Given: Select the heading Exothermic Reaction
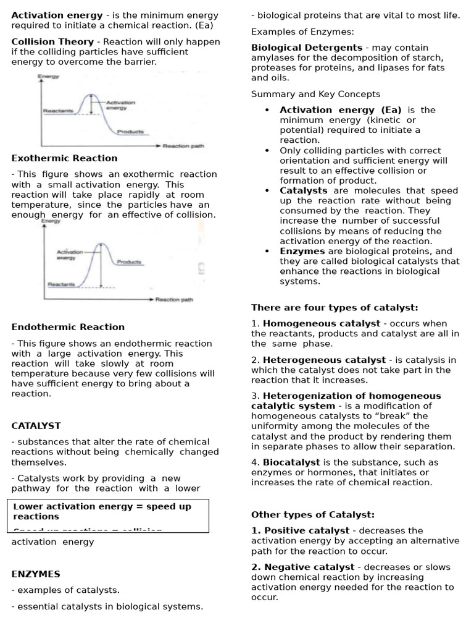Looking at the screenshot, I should click(64, 158).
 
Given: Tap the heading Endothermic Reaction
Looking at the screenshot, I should click(68, 327).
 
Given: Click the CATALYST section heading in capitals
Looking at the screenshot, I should click(36, 426).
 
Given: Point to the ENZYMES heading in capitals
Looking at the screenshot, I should click(36, 574).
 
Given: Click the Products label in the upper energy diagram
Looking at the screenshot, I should click(130, 131).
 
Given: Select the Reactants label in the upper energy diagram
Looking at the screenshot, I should click(58, 111).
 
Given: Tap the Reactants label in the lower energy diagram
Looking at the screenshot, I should click(61, 284).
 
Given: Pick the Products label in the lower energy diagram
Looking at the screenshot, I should click(129, 262).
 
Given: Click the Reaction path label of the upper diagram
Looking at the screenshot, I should click(183, 146).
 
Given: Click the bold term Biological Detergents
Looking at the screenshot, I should click(307, 48).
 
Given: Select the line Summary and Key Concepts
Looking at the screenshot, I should click(315, 94).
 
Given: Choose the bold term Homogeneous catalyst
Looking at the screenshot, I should click(322, 323).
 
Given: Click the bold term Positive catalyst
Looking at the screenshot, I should click(300, 530).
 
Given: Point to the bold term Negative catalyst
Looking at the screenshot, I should click(302, 567).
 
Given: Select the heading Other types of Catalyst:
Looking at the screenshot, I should click(313, 515).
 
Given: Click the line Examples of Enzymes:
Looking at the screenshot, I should click(302, 32).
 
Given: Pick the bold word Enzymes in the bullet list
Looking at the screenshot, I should click(302, 251).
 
